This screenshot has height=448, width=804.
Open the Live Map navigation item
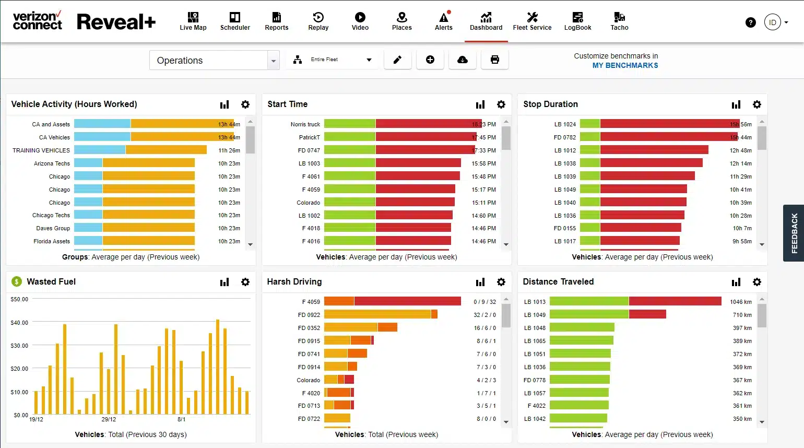pos(193,21)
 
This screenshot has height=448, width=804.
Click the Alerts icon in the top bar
pos(443,21)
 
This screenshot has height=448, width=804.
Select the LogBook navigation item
pos(577,21)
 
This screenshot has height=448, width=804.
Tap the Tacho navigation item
pos(619,21)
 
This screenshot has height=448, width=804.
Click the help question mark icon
pos(750,22)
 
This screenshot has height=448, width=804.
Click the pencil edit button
pos(397,60)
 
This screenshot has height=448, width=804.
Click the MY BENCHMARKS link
pos(625,65)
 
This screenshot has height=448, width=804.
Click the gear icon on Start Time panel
pos(501,104)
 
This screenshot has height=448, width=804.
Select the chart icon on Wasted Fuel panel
pos(224,282)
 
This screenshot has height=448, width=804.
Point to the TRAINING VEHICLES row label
pos(41,150)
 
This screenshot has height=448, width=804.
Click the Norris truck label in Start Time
pos(305,124)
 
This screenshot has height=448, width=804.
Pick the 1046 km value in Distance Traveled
pos(741,302)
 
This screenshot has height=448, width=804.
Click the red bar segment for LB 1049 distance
pos(647,314)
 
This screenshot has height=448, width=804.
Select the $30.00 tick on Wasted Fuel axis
pos(19,346)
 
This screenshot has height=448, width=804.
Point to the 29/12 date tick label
pos(109,419)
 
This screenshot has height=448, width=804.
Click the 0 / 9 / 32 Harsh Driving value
pos(484,302)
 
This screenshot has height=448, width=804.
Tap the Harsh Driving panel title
pos(294,282)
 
